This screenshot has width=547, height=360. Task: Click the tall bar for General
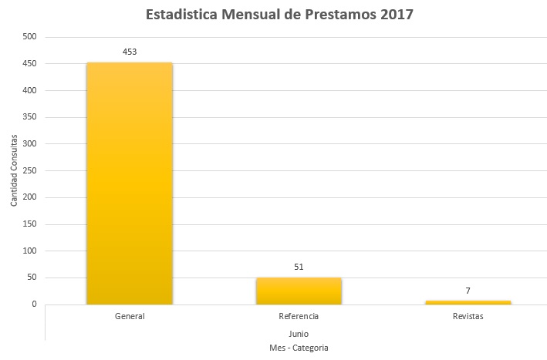130,183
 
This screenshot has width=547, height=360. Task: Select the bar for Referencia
299,291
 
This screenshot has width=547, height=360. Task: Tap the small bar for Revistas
468,302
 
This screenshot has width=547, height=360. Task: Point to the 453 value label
130,52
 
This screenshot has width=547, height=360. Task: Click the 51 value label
299,267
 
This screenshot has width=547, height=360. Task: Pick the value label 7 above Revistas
468,291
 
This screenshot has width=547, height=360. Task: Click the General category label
130,317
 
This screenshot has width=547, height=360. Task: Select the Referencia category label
299,317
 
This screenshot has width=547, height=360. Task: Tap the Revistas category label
468,317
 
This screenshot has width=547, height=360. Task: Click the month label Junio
299,334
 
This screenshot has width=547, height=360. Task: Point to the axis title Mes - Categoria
299,348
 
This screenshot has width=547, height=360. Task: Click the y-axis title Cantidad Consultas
14,170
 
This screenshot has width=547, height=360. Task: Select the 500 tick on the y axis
29,37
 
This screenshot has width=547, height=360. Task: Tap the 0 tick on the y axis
34,304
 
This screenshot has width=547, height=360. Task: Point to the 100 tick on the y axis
29,251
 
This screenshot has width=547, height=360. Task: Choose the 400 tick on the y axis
29,90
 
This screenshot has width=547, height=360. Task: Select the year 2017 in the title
392,15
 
